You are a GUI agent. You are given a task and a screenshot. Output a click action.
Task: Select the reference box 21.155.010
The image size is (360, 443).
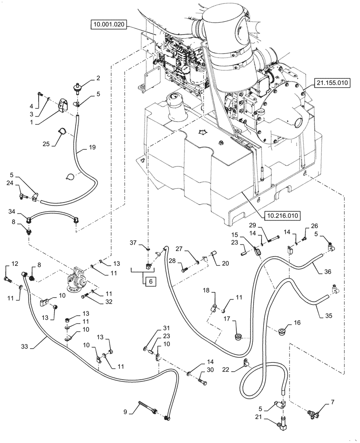click(333, 82)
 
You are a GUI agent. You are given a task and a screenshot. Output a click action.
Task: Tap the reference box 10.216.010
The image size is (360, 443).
click(282, 216)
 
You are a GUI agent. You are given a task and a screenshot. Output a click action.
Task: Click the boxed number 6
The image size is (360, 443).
click(149, 282)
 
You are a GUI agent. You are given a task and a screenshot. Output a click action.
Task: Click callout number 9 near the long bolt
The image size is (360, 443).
click(126, 412)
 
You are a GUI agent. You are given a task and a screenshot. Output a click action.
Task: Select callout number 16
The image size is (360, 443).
click(297, 323)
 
